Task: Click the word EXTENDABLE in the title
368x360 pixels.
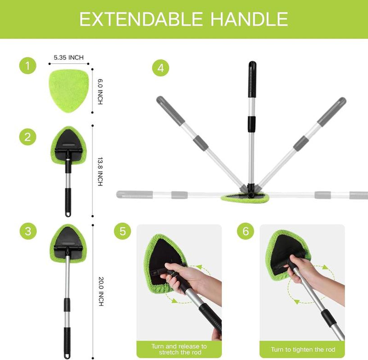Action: coord(134,19)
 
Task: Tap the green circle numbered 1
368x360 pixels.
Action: coord(27,66)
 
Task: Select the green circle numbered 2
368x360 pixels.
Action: coord(27,136)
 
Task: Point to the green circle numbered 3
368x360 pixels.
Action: coord(27,232)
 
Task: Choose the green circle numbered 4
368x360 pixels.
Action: coord(160,68)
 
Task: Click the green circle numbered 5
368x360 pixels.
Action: coord(122,232)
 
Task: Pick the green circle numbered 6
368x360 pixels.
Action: coord(245,232)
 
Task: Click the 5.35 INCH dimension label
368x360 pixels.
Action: coord(68,58)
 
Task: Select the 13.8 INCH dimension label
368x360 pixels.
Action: coord(100,171)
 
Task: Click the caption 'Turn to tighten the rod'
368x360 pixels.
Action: coord(302,349)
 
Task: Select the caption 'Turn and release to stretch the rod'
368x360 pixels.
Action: coord(179,349)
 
